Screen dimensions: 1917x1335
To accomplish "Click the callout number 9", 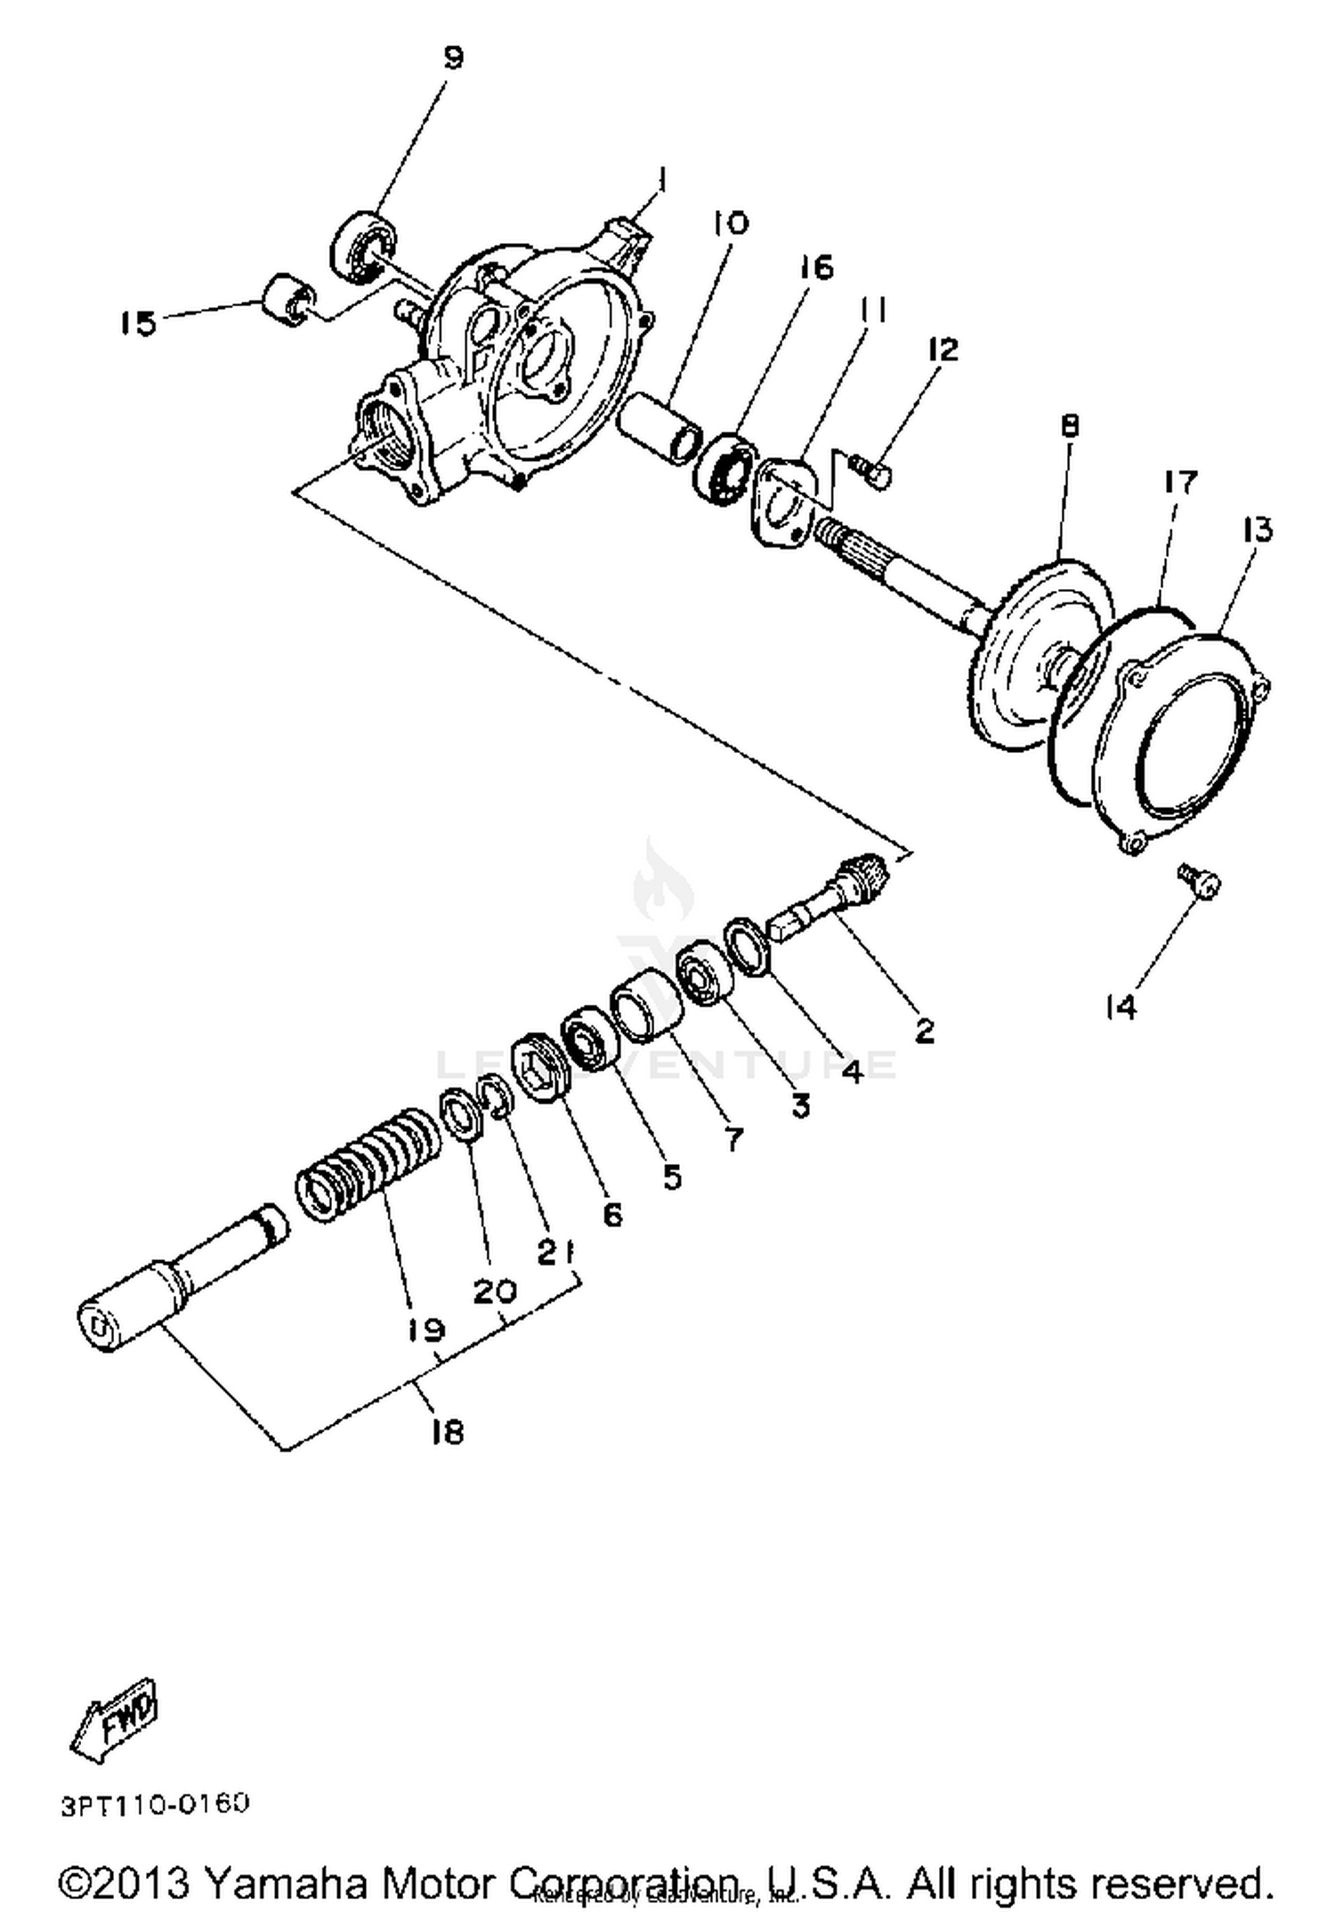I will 453,59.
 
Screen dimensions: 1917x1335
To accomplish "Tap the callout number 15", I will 138,323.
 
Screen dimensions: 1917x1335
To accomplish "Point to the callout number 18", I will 447,1432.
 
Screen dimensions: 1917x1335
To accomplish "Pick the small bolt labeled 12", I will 871,471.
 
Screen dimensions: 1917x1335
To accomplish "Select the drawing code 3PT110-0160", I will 155,1804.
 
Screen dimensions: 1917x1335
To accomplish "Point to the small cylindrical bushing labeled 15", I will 285,300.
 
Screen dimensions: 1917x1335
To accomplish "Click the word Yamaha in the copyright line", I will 285,1885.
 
